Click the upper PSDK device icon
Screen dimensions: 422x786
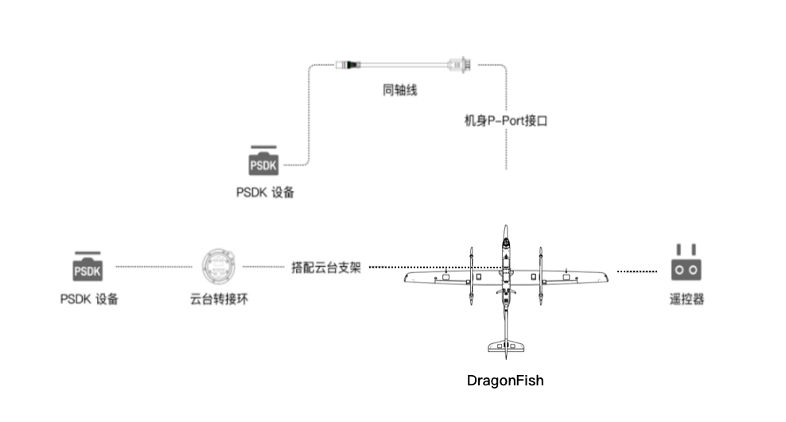pos(264,162)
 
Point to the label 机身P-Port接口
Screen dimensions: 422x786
pos(506,121)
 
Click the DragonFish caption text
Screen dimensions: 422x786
pos(505,381)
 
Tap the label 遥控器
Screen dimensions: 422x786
pos(686,299)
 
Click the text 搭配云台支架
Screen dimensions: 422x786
pos(326,268)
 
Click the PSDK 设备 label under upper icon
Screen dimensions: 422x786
pos(264,192)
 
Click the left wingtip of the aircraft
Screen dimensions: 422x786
pos(407,277)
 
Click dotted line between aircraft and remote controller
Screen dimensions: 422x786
pos(637,272)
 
